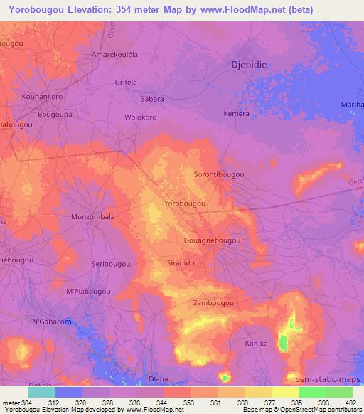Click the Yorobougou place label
pos(185,203)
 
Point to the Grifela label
pos(125,82)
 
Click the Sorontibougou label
pos(219,174)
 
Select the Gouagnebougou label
pos(212,241)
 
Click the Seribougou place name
pos(111,263)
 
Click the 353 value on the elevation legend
pos(188,403)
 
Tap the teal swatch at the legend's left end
pos(41,392)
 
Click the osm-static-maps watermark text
pos(333,381)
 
